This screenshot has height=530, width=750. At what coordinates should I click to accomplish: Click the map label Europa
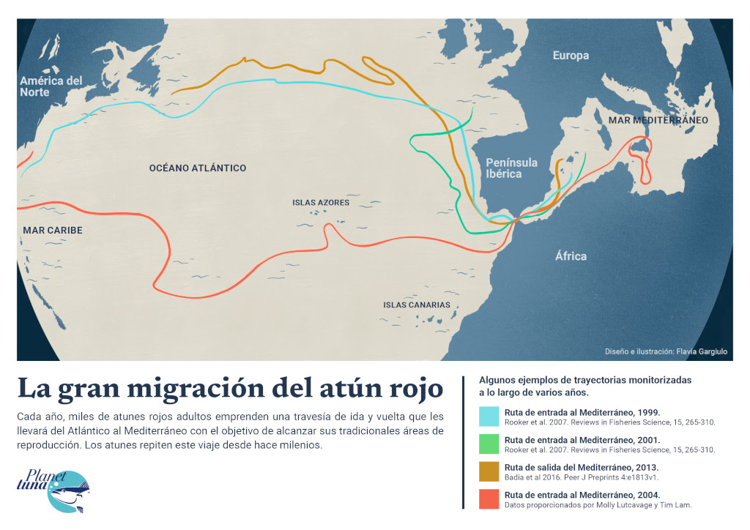click(571, 56)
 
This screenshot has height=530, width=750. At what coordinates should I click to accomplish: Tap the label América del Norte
click(51, 86)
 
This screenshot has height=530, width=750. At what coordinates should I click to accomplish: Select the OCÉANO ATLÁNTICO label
click(197, 168)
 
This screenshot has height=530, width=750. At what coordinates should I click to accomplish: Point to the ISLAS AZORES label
click(321, 203)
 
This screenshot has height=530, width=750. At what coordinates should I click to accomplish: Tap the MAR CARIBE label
click(53, 231)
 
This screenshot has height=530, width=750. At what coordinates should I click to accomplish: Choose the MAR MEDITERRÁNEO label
click(658, 120)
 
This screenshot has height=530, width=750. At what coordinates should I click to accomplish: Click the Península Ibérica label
click(512, 168)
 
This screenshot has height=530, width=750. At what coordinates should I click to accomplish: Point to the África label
click(571, 256)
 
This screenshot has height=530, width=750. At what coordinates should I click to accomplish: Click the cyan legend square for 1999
click(489, 417)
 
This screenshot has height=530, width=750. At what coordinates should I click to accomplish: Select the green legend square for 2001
click(489, 444)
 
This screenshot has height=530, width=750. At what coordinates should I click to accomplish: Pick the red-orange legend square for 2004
click(489, 499)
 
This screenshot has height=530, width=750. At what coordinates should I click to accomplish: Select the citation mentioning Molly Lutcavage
click(598, 505)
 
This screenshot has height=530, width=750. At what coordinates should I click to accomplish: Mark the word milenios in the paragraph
click(296, 446)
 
